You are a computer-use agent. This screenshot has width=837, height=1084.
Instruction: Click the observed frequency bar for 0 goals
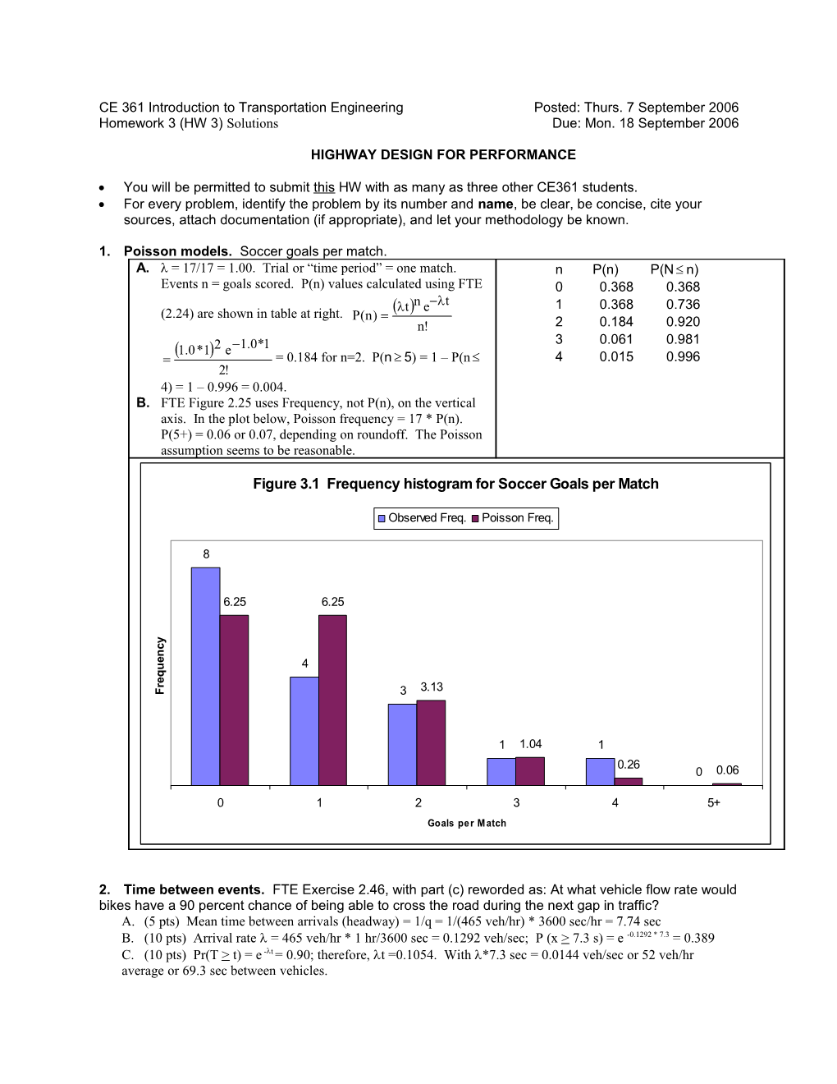[x=205, y=676]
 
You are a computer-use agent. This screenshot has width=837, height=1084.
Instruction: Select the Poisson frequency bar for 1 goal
[x=332, y=700]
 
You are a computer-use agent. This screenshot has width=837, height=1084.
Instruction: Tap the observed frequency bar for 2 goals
[x=402, y=744]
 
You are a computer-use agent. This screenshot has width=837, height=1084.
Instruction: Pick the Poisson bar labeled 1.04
[x=530, y=771]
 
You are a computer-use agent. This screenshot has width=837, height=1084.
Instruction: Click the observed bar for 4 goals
[x=600, y=771]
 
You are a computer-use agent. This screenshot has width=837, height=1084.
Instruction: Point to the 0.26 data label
[x=629, y=765]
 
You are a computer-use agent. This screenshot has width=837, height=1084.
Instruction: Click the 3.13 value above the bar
[x=432, y=687]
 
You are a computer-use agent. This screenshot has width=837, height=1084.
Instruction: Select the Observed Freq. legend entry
[x=422, y=518]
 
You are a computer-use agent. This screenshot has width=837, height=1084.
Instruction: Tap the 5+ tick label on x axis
[x=714, y=803]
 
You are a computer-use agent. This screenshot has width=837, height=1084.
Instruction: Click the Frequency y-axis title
[x=160, y=665]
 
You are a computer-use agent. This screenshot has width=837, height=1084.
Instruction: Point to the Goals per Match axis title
[x=467, y=823]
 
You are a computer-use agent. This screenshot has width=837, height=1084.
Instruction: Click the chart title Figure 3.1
[x=455, y=484]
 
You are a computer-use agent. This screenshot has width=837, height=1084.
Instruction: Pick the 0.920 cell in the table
[x=683, y=322]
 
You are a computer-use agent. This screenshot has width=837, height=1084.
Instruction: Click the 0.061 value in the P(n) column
[x=615, y=339]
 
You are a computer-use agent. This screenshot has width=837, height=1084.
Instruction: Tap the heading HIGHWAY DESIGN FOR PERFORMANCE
[x=443, y=154]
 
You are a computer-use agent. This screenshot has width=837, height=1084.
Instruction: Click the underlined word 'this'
[x=324, y=187]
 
